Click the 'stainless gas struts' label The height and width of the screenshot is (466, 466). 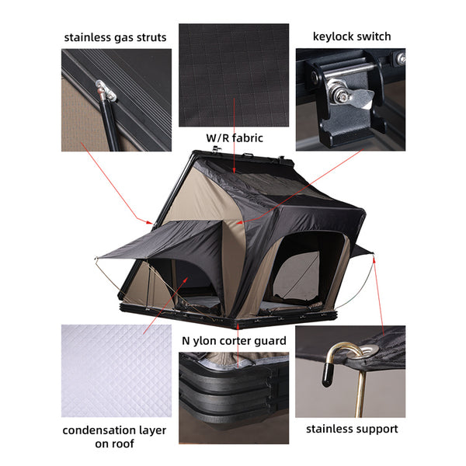tap(116, 37)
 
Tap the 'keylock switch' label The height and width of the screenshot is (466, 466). tap(352, 36)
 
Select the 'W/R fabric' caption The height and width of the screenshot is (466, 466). tap(234, 137)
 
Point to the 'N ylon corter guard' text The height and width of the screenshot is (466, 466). tap(235, 340)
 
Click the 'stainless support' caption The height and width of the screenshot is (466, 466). tap(352, 428)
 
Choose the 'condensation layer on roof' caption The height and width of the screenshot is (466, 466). tap(115, 436)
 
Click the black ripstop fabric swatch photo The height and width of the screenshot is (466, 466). tap(234, 75)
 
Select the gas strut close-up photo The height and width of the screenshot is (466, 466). tap(116, 99)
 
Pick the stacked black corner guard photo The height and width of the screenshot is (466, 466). tap(234, 397)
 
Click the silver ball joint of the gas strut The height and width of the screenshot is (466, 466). tap(103, 92)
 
